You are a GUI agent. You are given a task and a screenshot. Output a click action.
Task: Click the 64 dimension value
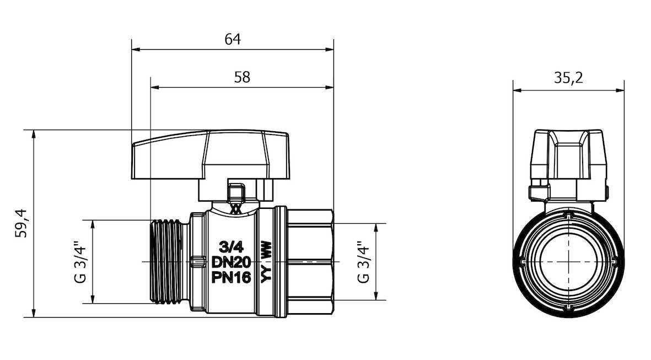(233, 39)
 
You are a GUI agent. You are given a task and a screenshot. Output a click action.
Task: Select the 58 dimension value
(242, 77)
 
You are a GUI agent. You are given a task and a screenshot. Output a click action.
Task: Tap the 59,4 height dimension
(21, 223)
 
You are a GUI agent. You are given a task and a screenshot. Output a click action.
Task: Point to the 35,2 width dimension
(568, 78)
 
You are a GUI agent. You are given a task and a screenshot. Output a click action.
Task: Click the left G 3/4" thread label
(80, 261)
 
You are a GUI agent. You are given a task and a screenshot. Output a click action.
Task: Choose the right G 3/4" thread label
(364, 261)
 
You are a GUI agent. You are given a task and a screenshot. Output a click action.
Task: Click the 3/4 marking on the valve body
(231, 248)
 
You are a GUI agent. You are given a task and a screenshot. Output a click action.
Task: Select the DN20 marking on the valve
(232, 262)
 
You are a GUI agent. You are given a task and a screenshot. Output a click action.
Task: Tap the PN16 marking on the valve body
(232, 277)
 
